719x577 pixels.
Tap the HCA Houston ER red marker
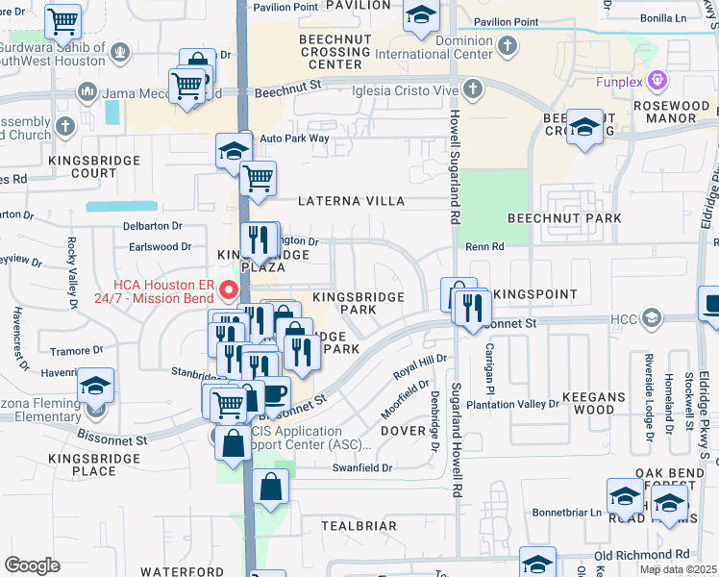(x=228, y=288)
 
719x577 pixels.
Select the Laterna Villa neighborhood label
(x=351, y=202)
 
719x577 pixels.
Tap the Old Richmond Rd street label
(x=643, y=555)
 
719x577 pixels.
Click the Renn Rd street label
(x=485, y=247)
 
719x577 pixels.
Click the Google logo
(x=33, y=565)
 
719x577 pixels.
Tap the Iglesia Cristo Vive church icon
(x=471, y=90)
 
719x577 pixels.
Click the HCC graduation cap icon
(x=652, y=317)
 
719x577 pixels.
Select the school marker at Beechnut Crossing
(x=584, y=128)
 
